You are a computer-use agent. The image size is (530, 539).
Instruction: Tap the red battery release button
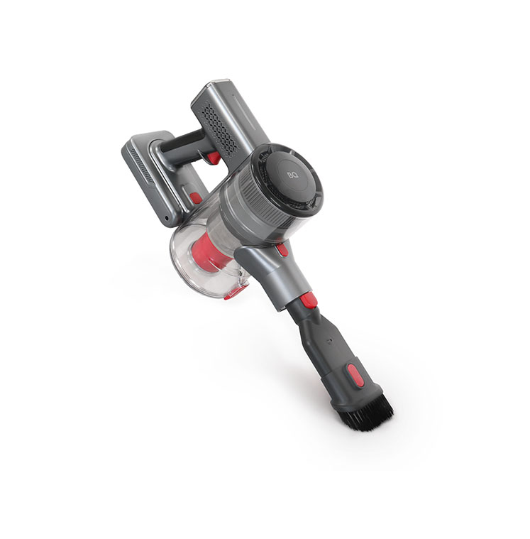195,197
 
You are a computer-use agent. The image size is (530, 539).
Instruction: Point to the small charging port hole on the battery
167,218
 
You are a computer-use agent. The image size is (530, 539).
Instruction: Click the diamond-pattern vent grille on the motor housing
220,128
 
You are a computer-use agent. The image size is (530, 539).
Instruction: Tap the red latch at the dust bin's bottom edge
235,293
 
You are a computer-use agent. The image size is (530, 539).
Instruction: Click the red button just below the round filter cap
282,249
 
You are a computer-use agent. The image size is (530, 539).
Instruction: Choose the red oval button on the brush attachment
355,376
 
